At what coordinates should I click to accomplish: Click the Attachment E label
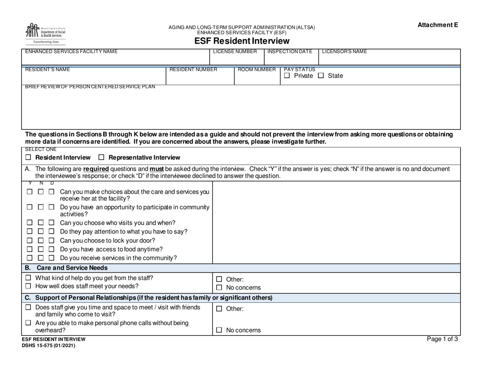[438, 25]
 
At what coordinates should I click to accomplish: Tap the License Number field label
[235, 52]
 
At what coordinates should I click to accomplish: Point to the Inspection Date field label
[290, 52]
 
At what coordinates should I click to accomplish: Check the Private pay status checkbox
[287, 76]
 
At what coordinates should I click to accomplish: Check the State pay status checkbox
[320, 76]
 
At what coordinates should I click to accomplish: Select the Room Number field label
[257, 70]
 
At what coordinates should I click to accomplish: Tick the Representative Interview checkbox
[102, 157]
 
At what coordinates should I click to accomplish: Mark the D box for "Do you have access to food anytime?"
[51, 249]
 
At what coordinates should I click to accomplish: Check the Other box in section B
[219, 279]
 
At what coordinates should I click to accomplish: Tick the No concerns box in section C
[219, 331]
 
